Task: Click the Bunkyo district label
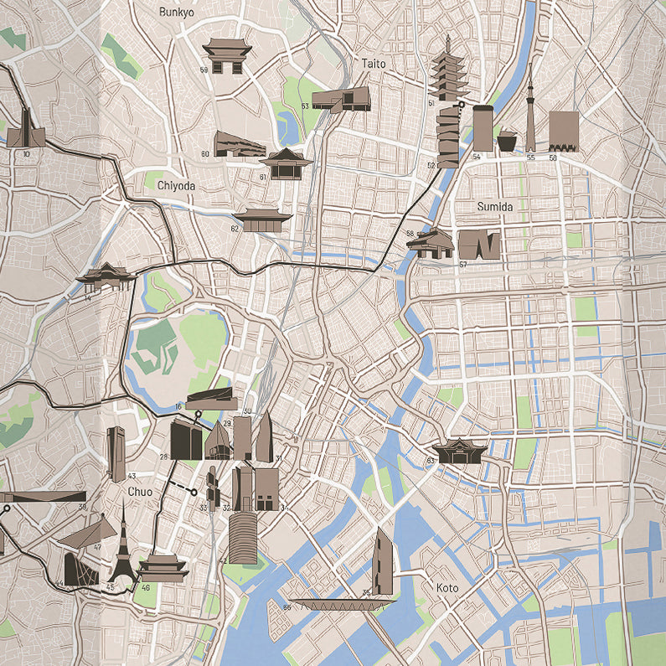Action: [176, 12]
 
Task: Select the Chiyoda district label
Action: [175, 187]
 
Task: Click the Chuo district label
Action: [140, 492]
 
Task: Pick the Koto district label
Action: [447, 588]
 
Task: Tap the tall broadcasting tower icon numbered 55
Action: [530, 109]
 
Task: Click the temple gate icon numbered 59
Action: [227, 56]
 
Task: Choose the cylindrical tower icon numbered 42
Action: [243, 538]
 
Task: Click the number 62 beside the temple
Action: [235, 229]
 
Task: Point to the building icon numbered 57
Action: [479, 245]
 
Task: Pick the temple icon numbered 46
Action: [163, 568]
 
